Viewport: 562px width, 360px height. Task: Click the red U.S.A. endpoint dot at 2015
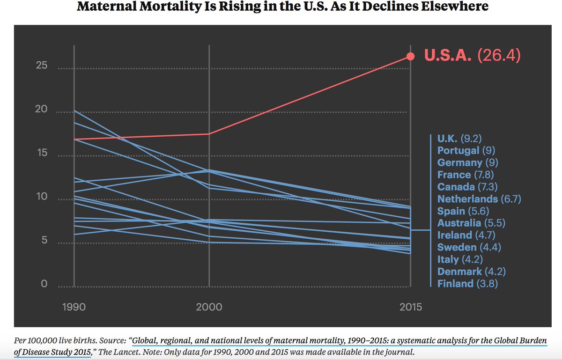pyautogui.click(x=410, y=56)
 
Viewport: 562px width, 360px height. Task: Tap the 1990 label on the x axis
pyautogui.click(x=74, y=307)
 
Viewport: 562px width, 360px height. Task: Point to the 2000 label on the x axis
pyautogui.click(x=209, y=307)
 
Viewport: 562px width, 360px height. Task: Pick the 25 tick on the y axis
pyautogui.click(x=42, y=65)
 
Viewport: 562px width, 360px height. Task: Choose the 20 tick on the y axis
pyautogui.click(x=42, y=109)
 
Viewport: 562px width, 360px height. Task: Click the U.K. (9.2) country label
pyautogui.click(x=459, y=138)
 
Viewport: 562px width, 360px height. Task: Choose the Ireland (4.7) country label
pyautogui.click(x=466, y=235)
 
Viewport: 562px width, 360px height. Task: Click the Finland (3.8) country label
pyautogui.click(x=467, y=284)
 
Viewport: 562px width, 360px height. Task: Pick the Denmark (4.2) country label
pyautogui.click(x=472, y=272)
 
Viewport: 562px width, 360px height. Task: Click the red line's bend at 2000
pyautogui.click(x=209, y=134)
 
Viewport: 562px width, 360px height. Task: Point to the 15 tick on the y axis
pyautogui.click(x=42, y=153)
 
